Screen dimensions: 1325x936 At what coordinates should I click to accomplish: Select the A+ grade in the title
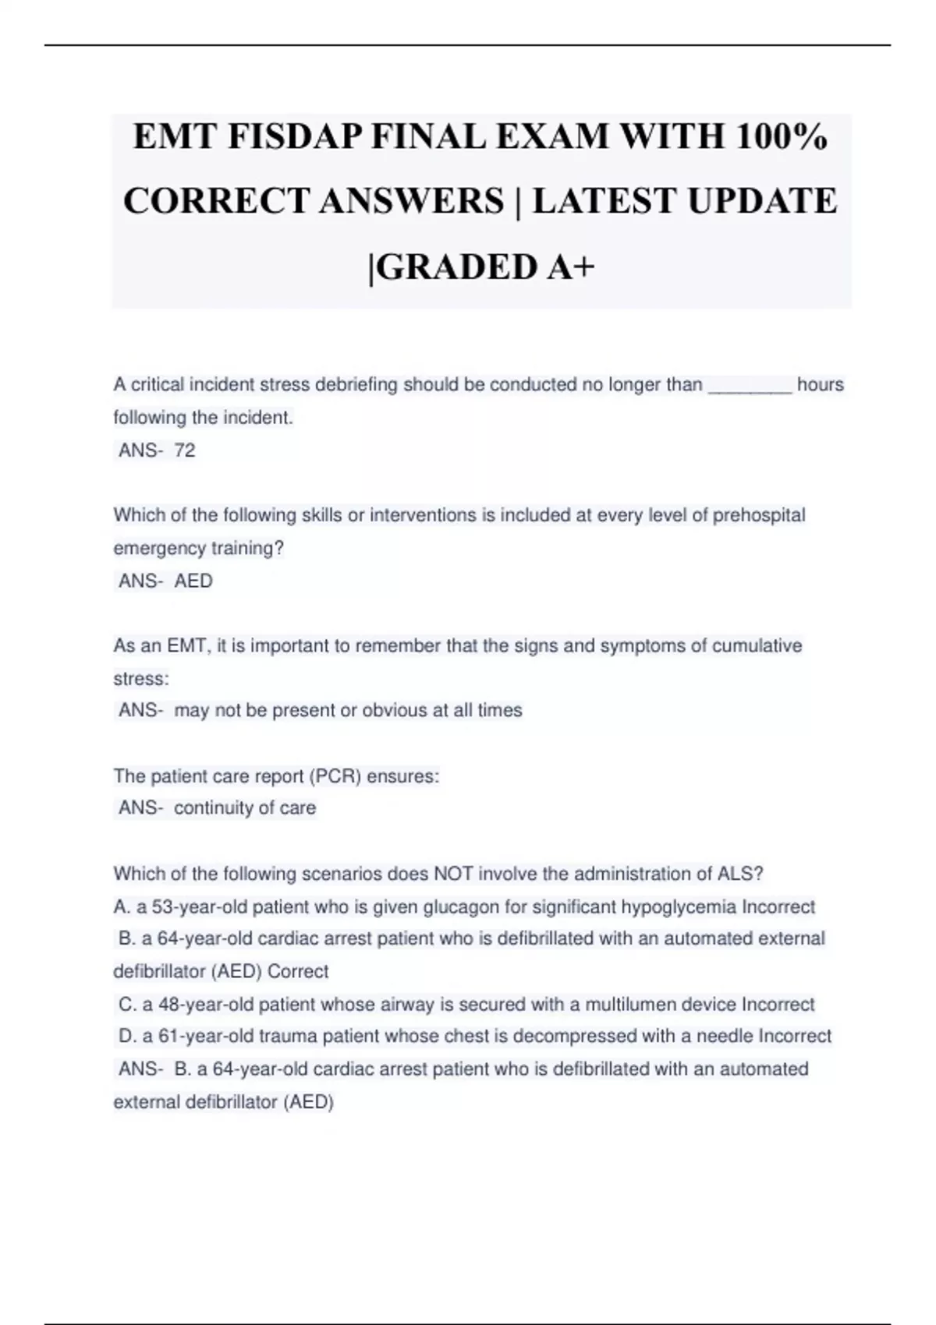[570, 267]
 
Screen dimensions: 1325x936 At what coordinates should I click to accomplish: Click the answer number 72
[185, 450]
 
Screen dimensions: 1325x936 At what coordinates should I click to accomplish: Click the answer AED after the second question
[193, 581]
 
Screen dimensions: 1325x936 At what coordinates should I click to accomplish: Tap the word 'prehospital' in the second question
[759, 515]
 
